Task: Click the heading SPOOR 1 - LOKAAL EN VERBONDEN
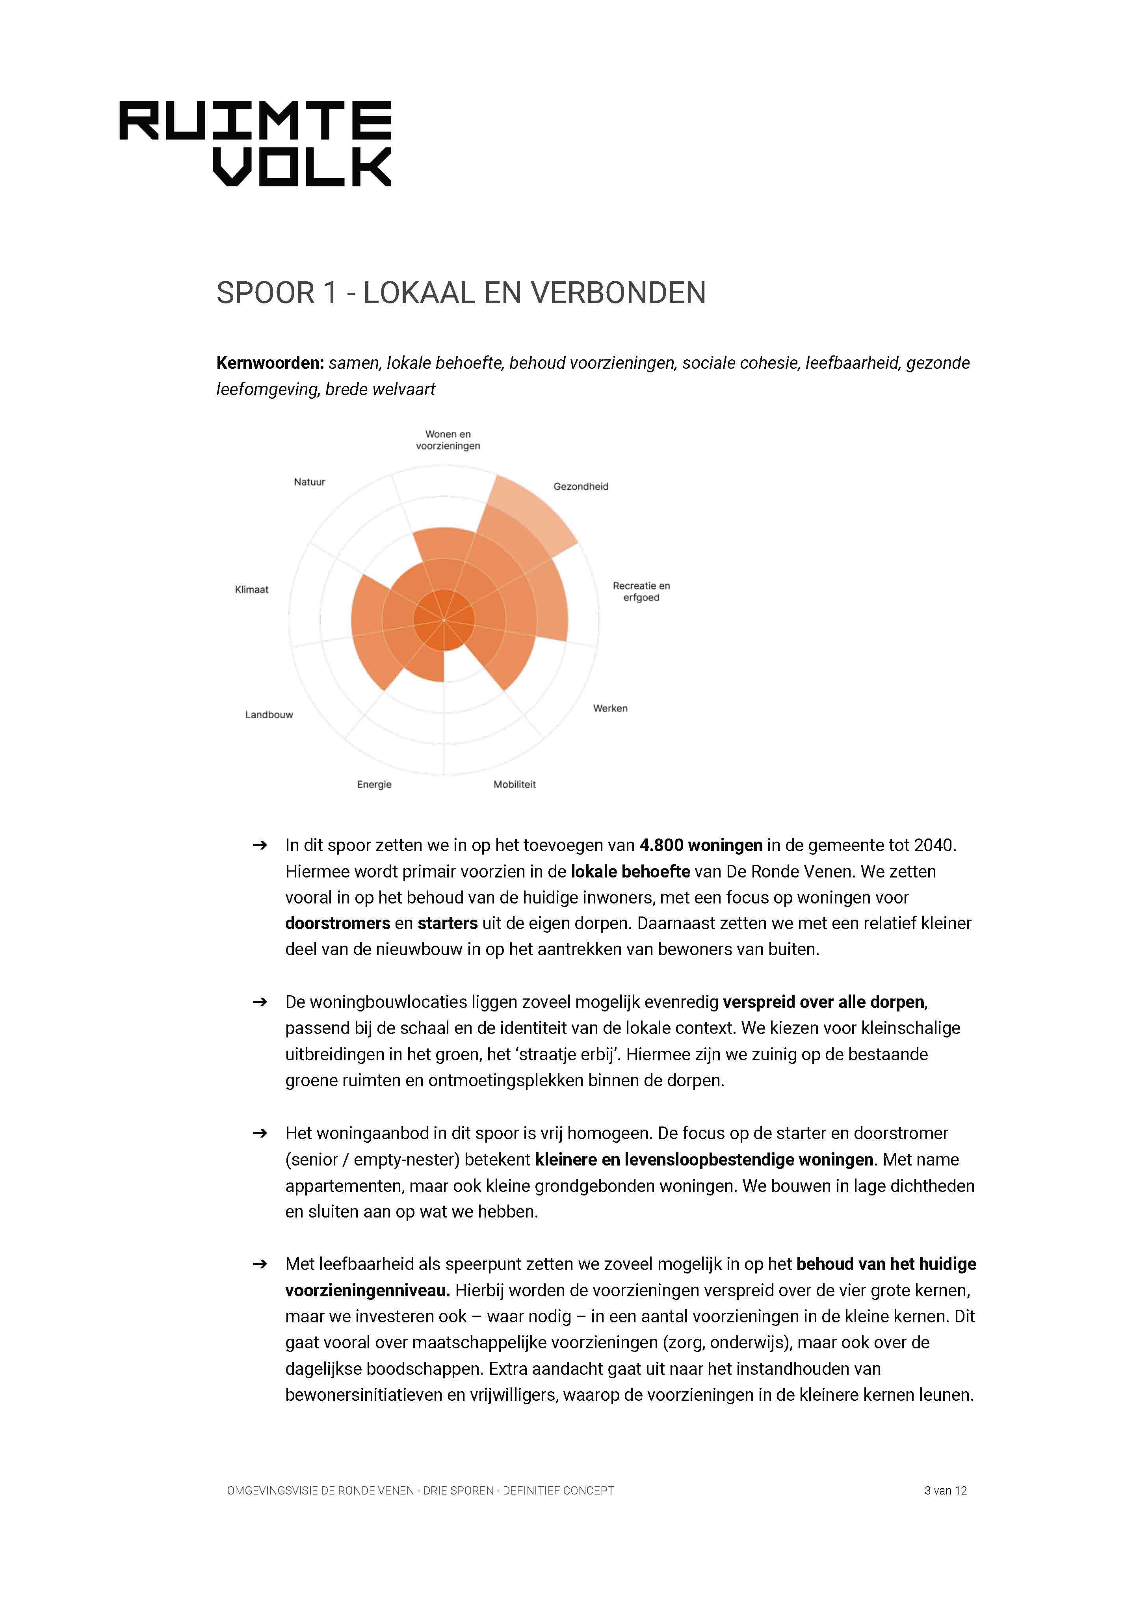click(x=461, y=293)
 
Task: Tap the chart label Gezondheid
click(x=580, y=486)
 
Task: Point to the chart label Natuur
click(x=309, y=482)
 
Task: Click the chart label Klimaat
click(x=251, y=590)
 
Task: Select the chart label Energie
click(x=374, y=784)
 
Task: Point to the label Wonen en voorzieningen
click(x=448, y=440)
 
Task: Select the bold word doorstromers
click(x=338, y=923)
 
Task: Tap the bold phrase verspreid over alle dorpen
click(x=823, y=1002)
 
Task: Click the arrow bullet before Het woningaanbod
click(x=260, y=1133)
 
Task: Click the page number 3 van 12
click(x=945, y=1490)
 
